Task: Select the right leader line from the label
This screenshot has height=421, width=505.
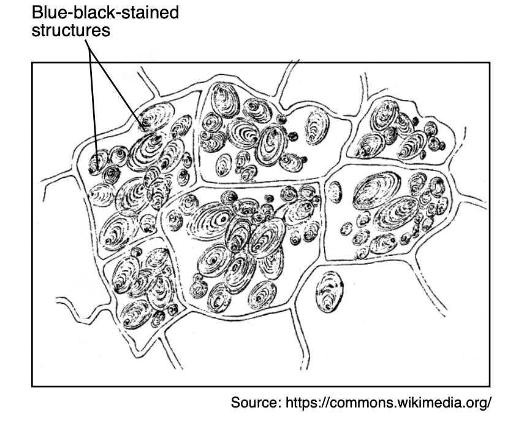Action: click(120, 86)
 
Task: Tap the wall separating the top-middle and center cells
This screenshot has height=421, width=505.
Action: click(257, 182)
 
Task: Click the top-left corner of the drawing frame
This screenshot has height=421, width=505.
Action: click(32, 63)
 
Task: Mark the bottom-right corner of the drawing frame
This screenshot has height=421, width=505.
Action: click(490, 385)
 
